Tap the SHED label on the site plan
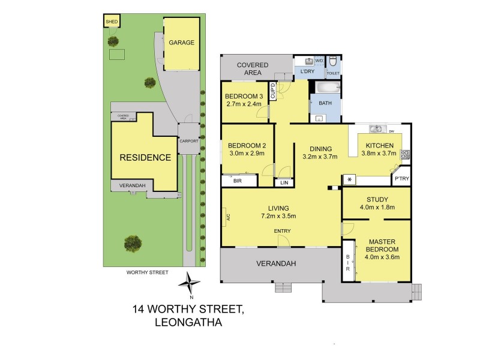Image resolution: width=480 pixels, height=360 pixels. click(x=112, y=22)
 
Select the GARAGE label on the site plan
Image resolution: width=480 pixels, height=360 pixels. click(x=181, y=43)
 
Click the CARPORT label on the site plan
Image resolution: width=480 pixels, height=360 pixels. click(x=188, y=141)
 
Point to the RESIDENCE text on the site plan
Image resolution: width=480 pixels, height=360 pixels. click(x=145, y=158)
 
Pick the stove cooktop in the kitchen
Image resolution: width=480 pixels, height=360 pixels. click(x=406, y=154)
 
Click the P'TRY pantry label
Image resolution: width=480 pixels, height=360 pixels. click(x=400, y=179)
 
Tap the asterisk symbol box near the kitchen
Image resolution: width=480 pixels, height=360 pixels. click(x=348, y=179)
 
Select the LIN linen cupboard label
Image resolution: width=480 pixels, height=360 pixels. click(x=284, y=182)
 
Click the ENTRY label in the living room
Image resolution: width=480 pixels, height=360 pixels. click(x=283, y=231)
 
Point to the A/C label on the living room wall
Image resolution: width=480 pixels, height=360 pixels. click(x=227, y=217)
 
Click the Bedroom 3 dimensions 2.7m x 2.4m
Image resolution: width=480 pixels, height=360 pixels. click(x=244, y=104)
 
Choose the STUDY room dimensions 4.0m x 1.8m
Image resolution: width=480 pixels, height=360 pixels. click(x=377, y=209)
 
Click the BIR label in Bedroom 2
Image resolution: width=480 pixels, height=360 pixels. click(x=237, y=180)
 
